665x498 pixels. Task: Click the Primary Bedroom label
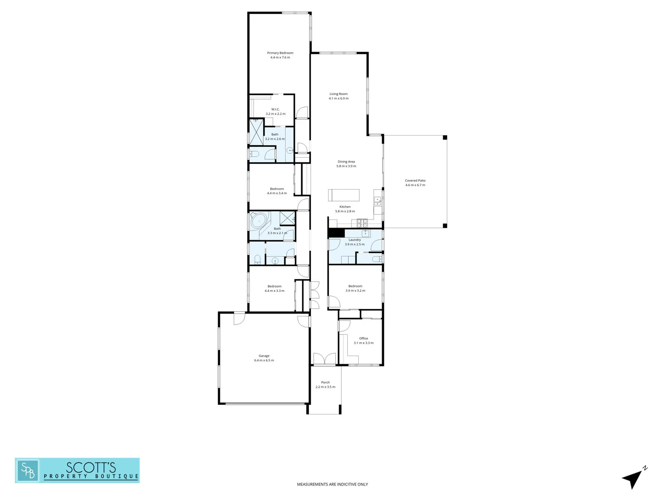coord(280,53)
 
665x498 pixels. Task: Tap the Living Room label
coord(339,94)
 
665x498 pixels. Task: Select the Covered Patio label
coord(415,181)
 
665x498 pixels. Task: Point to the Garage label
coord(264,356)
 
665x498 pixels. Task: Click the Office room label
coord(363,338)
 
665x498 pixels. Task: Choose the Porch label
coord(326,382)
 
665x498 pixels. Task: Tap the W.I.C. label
coord(275,109)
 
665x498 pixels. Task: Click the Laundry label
coord(355,240)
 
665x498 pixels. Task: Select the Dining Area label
coord(346,162)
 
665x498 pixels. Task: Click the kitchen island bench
coord(344,195)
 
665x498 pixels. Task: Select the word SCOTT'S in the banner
coord(91,467)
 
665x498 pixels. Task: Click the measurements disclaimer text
coord(332,484)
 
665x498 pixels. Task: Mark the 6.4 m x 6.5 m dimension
coord(264,361)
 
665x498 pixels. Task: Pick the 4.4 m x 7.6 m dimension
coord(280,58)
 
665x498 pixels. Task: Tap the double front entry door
coord(324,359)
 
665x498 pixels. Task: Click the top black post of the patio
coord(445,137)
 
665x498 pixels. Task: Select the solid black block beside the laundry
coord(336,233)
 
